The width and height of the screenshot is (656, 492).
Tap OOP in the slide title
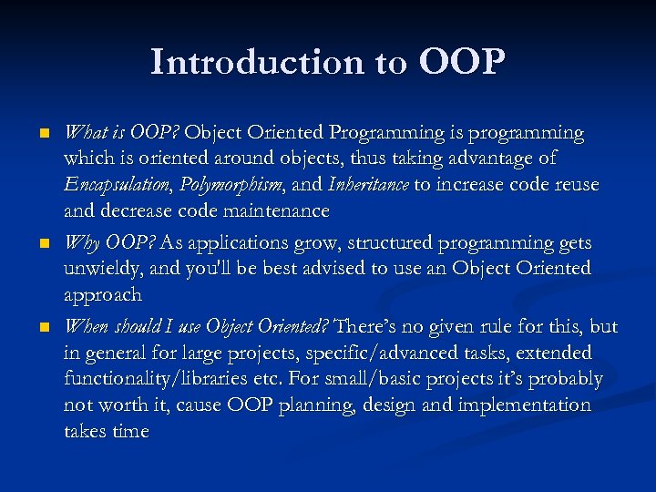point(462,62)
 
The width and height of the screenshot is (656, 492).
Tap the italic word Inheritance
point(369,185)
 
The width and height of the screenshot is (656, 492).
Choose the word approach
point(103,295)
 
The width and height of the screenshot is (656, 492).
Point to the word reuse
point(572,185)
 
